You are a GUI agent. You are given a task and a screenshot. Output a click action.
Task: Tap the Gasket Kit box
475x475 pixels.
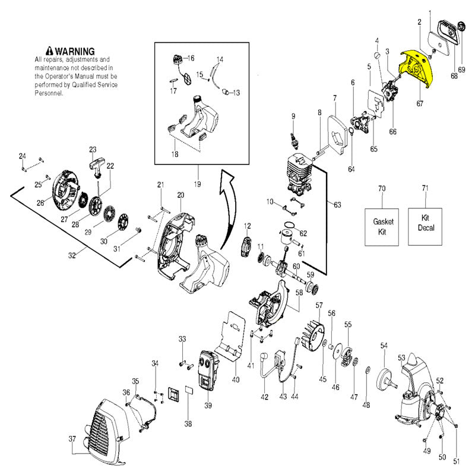(382, 227)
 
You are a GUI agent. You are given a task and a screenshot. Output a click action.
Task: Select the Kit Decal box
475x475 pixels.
(425, 226)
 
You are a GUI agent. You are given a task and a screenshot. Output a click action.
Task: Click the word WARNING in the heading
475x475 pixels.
(75, 51)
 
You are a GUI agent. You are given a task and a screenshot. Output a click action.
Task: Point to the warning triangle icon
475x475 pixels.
(49, 51)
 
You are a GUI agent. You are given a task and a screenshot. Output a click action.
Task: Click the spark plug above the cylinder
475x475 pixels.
(294, 141)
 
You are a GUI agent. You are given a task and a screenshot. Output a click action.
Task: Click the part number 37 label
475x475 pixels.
(72, 439)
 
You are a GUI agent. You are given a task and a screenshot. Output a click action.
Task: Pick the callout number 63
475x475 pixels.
(337, 205)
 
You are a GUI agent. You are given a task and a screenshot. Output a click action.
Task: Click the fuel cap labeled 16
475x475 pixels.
(177, 59)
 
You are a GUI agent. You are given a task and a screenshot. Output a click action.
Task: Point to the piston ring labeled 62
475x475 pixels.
(290, 225)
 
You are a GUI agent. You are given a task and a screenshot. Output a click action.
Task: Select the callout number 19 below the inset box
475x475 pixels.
(197, 184)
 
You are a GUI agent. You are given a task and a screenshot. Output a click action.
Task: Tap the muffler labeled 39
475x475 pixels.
(208, 370)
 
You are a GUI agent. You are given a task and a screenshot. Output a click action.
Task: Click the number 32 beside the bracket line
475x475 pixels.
(72, 255)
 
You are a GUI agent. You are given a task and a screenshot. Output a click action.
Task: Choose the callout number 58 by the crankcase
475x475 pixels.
(299, 292)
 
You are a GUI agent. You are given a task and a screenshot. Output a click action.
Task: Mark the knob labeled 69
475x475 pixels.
(461, 26)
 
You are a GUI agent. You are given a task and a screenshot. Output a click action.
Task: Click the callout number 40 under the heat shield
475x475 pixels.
(236, 379)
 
